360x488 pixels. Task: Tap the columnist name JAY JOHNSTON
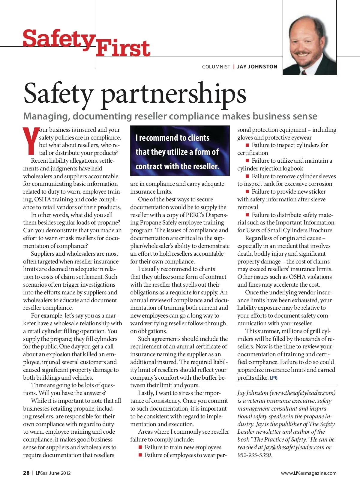tap(257, 67)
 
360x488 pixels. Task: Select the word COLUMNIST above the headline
tap(216, 67)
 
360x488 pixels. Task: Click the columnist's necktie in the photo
tap(304, 72)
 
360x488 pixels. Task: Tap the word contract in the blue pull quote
tap(153, 166)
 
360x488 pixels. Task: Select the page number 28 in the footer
tap(26, 473)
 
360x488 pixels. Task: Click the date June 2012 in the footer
tap(60, 473)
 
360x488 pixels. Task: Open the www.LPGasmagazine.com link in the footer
tap(309, 473)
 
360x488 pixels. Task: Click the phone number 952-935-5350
tap(254, 455)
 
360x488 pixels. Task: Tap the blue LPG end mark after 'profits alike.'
tap(274, 378)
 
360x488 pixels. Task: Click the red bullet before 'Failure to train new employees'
tap(140, 447)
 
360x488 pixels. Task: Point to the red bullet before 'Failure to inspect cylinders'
tap(247, 145)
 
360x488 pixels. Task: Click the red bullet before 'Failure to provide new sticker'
tap(247, 191)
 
